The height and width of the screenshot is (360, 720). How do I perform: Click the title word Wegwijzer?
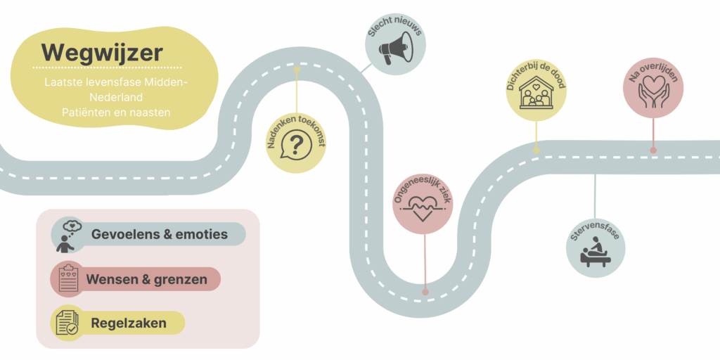102,53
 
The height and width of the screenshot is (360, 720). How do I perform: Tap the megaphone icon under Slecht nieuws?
397,49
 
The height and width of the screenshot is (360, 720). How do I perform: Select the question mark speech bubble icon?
296,146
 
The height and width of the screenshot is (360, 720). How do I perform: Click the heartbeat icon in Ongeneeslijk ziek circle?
423,207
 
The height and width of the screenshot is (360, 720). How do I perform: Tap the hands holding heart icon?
653,92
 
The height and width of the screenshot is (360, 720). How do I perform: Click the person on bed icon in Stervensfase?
596,252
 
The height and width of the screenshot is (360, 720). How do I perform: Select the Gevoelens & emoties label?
160,234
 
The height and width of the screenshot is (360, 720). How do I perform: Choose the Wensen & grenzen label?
146,279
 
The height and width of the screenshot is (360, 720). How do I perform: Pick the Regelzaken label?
129,323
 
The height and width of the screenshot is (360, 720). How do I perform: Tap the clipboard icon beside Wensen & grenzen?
68,278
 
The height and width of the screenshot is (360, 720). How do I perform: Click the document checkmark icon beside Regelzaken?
67,322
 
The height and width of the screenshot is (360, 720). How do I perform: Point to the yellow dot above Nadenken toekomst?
297,70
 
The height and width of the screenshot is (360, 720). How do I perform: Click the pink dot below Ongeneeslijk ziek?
425,292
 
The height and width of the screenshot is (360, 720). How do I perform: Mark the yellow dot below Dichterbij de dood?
536,150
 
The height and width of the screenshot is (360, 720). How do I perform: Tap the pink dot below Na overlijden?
653,150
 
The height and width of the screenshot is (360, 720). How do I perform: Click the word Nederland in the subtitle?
116,97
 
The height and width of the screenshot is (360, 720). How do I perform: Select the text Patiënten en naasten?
116,112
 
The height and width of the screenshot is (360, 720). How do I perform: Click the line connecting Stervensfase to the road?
595,197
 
